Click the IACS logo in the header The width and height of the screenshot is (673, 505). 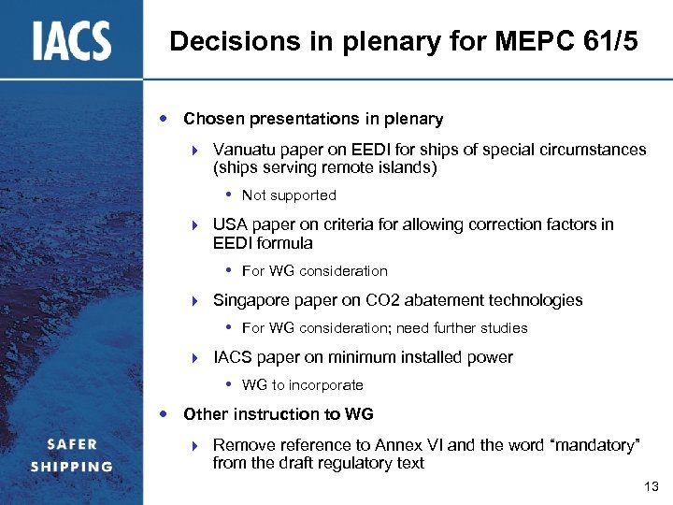tap(72, 41)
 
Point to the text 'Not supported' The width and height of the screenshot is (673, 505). tap(289, 195)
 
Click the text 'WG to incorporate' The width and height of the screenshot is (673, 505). tap(302, 385)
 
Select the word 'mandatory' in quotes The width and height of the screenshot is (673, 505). tap(596, 445)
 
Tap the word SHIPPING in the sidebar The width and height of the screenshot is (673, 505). tap(71, 466)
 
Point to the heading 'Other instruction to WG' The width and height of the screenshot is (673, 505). tap(278, 414)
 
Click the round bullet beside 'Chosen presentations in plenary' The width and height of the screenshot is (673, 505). tap(165, 119)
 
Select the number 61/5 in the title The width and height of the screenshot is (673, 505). tap(611, 41)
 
